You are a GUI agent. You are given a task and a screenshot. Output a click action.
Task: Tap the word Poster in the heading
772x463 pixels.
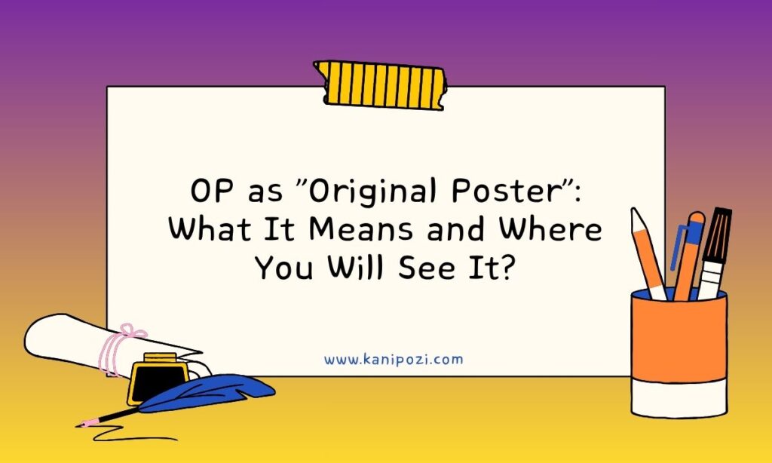point(507,191)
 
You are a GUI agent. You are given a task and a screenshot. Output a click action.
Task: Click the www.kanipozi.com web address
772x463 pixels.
point(394,359)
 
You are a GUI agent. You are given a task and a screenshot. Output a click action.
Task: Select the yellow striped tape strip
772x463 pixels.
point(380,84)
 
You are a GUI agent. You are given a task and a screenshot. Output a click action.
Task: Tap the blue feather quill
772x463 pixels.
point(207,393)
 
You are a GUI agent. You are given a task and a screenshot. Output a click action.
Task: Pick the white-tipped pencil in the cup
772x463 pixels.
point(648,253)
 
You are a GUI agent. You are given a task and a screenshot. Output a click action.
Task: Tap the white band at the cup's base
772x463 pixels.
point(679,398)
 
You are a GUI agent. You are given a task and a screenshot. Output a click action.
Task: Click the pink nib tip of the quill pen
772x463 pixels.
point(84,424)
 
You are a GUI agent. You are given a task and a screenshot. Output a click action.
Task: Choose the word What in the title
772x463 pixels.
point(210,229)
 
